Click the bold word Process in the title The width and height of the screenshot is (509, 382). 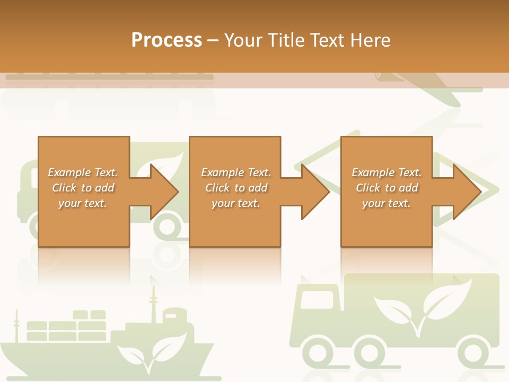pos(166,40)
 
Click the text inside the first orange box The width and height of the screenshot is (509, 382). pos(83,188)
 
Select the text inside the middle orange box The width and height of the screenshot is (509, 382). pos(235,188)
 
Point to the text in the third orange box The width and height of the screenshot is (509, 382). pos(387,188)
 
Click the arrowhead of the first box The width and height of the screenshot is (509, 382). pos(164,192)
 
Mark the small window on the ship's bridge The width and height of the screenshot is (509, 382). pos(171,317)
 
